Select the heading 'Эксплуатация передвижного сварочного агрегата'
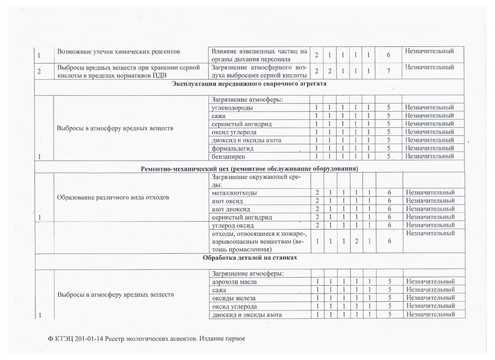coord(250,84)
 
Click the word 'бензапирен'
coord(229,156)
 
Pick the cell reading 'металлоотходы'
coord(235,192)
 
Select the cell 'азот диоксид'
coord(231,208)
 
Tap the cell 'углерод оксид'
coord(233,225)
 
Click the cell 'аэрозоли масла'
coord(235,281)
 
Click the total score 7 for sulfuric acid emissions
coord(390,71)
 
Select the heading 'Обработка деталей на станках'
coord(250,257)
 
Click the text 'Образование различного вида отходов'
coord(113,197)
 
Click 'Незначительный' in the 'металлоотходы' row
coord(430,192)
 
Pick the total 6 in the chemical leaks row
coord(390,55)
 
